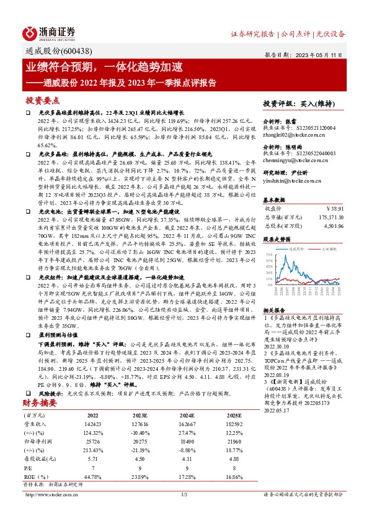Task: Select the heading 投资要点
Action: pyautogui.click(x=43, y=100)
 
